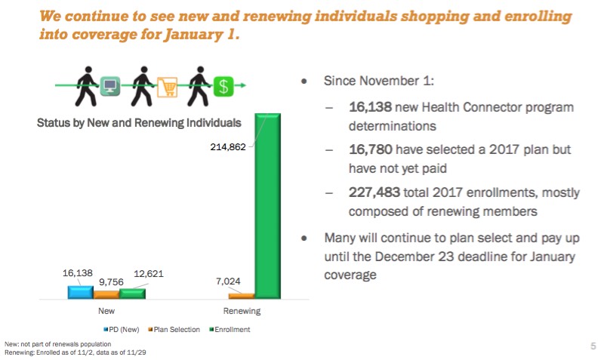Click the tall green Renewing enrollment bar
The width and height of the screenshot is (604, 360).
coord(268,205)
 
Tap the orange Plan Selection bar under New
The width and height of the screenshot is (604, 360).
coord(106,294)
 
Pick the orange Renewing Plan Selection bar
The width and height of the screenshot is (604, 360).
coord(242,295)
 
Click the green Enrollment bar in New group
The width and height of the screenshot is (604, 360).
coord(132,293)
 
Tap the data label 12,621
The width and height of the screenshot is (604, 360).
coord(147,274)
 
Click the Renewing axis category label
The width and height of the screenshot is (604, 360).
coord(242,311)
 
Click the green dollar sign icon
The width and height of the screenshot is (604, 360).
coord(222,86)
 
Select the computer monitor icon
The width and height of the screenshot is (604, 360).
coord(110,87)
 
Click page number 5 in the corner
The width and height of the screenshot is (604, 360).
coord(593,346)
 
